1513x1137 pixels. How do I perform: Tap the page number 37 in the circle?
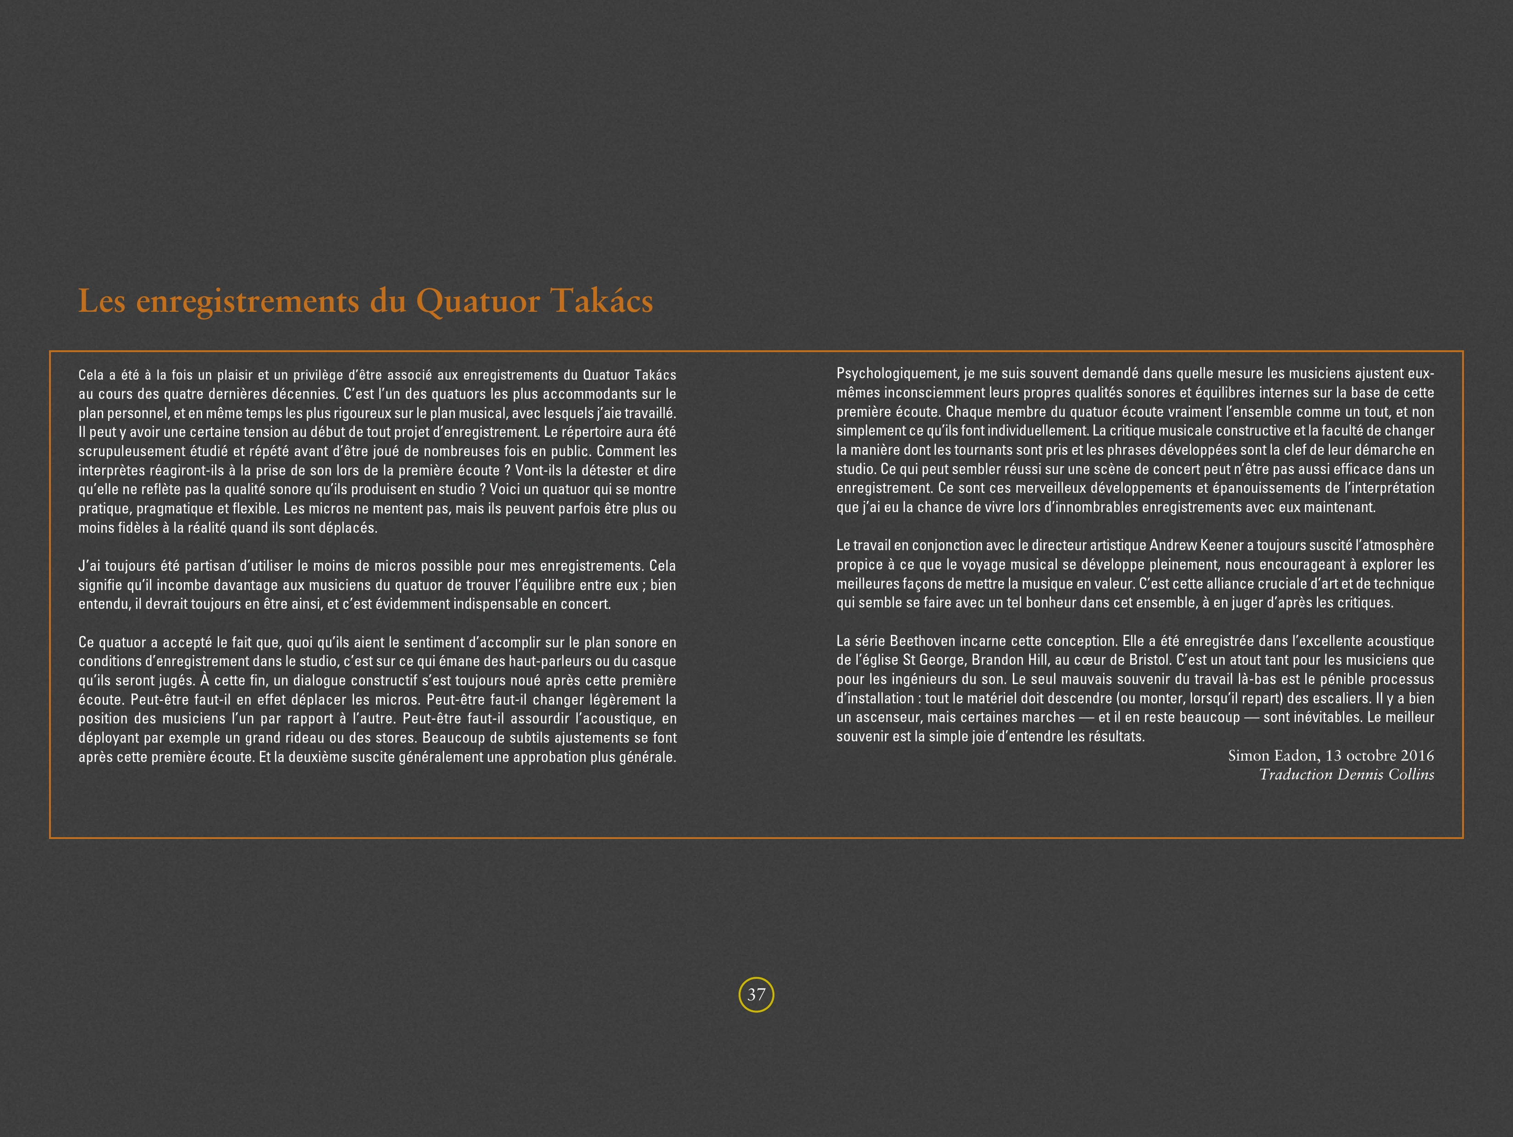click(x=756, y=995)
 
